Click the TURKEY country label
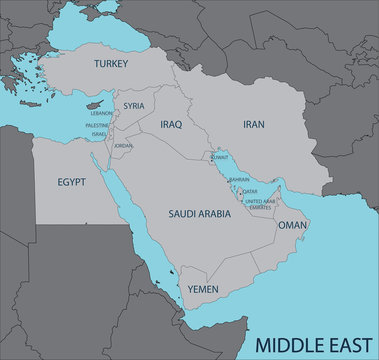[112, 63]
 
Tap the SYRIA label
[134, 105]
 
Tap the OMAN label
[292, 226]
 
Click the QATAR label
[250, 191]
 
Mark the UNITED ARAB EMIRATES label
[260, 204]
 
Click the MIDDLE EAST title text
[304, 345]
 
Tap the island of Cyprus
[97, 103]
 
